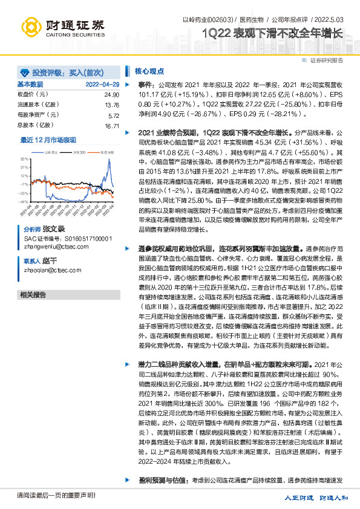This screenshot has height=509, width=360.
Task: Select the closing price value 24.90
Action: [x=111, y=95]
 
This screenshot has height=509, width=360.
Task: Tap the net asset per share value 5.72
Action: [x=113, y=115]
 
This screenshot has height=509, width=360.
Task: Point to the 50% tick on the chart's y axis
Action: [x=24, y=158]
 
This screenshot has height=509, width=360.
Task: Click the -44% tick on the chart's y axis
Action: [x=24, y=201]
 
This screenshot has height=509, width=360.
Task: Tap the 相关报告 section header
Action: [x=33, y=277]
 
